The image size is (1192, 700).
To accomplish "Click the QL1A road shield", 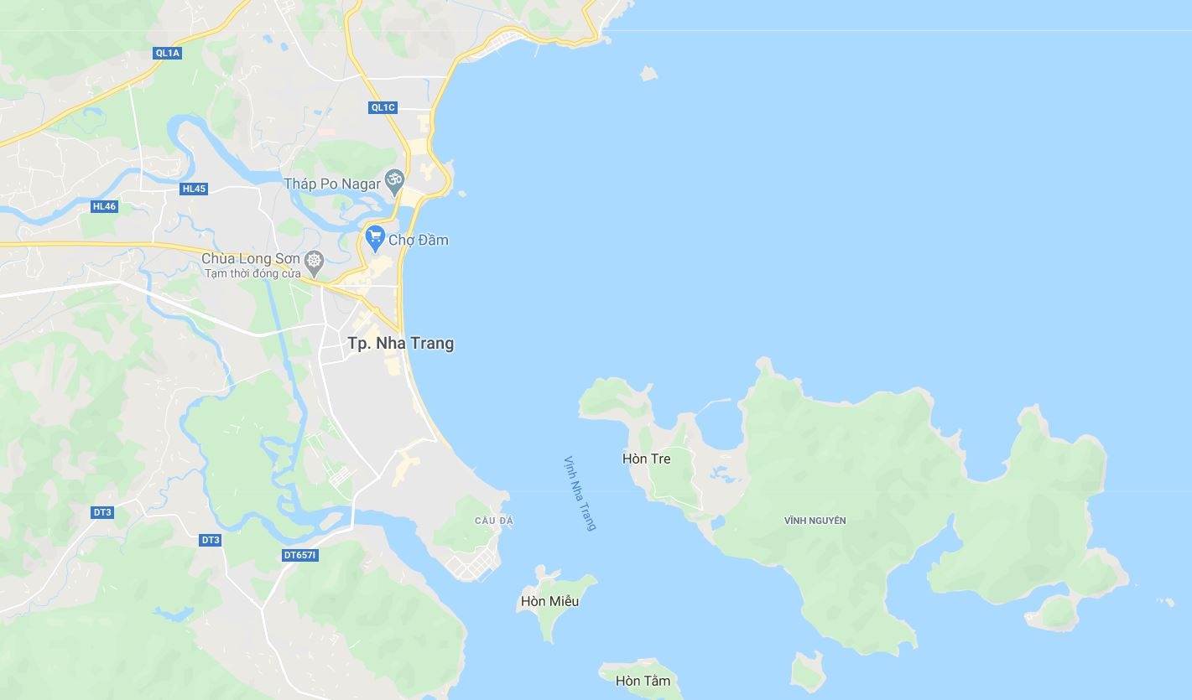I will tap(168, 53).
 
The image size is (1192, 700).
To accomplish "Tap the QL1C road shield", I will tap(383, 107).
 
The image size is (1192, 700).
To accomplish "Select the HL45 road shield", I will tap(194, 189).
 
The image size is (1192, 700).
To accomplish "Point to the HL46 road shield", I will tap(104, 206).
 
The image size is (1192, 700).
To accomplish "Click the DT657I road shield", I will tap(300, 555).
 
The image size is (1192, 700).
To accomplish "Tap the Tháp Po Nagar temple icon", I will tap(394, 180).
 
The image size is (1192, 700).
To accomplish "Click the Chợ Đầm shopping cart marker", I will tap(375, 237).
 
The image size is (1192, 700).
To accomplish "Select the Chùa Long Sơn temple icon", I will tap(315, 261).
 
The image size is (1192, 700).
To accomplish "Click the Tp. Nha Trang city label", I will tap(400, 343).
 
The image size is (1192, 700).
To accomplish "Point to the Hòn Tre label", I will tap(646, 459).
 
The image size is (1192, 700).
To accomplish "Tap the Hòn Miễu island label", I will tap(549, 601).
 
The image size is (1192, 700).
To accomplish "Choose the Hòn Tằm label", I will tap(643, 681).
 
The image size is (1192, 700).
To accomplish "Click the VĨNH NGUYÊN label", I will tap(815, 521).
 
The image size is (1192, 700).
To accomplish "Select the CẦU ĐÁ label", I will tap(493, 521).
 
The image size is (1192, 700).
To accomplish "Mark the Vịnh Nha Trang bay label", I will tap(580, 493).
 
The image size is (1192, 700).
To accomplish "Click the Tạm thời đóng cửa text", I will tap(252, 274).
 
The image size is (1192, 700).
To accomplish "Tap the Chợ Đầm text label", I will tap(419, 241).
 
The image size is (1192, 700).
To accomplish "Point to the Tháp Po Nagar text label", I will tap(331, 184).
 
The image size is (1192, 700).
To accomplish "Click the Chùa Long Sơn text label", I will tap(250, 258).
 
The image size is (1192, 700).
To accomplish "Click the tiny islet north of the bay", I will tap(648, 74).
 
